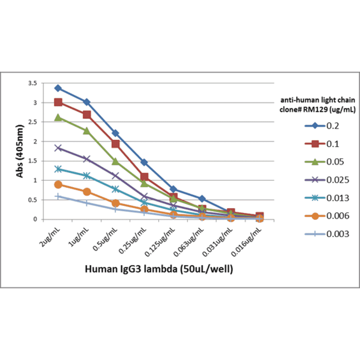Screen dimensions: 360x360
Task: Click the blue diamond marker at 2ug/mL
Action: point(58,88)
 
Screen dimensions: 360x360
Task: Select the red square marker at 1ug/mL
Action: point(87,115)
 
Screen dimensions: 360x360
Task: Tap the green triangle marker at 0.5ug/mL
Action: point(115,161)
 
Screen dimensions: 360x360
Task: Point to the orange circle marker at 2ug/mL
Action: point(58,184)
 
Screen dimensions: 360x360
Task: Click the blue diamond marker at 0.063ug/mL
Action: point(202,198)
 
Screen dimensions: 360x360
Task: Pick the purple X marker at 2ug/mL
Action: point(58,148)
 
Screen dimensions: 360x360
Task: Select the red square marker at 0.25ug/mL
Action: point(144,177)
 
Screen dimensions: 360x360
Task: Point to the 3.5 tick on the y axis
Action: point(33,83)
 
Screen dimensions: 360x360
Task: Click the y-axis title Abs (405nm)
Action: point(20,151)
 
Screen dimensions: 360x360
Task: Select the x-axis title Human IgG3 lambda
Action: point(159,269)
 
